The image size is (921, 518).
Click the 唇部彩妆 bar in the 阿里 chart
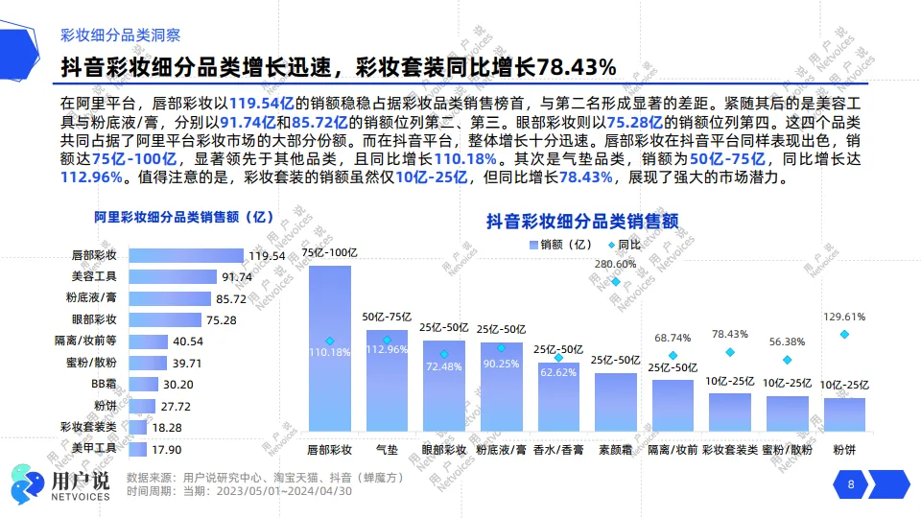[x=186, y=256]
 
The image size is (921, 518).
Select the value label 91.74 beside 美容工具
[x=237, y=277]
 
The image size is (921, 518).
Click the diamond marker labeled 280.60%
[x=616, y=281]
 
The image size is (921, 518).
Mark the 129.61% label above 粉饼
[x=844, y=317]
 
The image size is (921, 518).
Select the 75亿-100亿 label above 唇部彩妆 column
[x=329, y=253]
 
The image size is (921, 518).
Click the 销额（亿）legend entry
[x=562, y=244]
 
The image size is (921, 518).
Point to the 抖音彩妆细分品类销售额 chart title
[x=582, y=221]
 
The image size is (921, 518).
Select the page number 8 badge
[x=850, y=484]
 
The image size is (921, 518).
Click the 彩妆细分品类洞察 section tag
[x=120, y=35]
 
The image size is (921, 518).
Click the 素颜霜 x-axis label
[x=615, y=449]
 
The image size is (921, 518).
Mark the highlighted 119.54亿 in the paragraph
[x=261, y=103]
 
